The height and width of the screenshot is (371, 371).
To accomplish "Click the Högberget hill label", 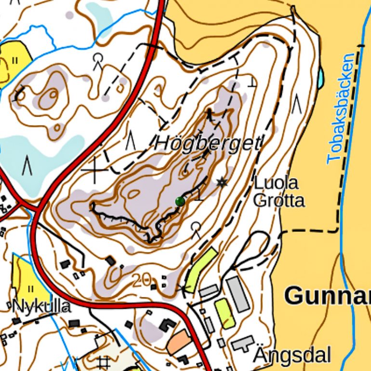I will click(x=208, y=143).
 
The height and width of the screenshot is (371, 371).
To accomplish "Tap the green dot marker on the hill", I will click(x=180, y=201).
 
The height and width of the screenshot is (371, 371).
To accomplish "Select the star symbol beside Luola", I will click(x=221, y=182).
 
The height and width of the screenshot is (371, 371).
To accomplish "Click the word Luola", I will click(x=276, y=183).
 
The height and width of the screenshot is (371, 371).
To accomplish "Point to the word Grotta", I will click(x=278, y=200).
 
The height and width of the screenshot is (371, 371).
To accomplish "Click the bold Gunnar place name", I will click(x=328, y=295).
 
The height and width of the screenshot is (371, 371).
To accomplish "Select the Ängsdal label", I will click(x=292, y=356).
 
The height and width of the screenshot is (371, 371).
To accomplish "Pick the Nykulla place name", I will click(x=40, y=306).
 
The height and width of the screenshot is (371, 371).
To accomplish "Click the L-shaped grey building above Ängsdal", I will click(x=243, y=344).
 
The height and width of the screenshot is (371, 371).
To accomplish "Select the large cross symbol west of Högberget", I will click(x=94, y=170).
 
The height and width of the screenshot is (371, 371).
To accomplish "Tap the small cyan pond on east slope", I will click(x=320, y=75).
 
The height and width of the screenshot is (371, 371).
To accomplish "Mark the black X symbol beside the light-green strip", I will click(x=182, y=289).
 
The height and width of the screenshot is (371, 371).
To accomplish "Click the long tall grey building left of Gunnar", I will click(x=238, y=293).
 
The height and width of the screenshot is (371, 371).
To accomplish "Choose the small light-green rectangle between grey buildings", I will click(x=225, y=313).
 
